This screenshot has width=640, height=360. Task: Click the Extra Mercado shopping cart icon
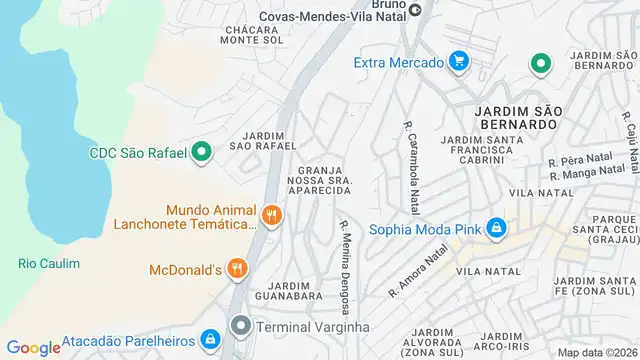pos(459,62)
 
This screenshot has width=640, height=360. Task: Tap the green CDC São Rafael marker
pos(202,153)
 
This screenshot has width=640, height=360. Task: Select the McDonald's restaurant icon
pos(237,267)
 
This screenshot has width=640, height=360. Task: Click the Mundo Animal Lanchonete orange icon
pos(270,215)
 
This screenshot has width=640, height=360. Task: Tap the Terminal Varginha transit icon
pos(241,326)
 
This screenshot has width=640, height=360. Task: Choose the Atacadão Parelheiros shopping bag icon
pos(211,340)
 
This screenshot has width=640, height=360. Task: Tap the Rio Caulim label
pos(48,263)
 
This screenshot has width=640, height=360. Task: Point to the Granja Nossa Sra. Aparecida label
pos(322,180)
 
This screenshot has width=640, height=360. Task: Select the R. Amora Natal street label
pos(417,275)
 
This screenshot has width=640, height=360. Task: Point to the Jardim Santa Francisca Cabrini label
pos(476,150)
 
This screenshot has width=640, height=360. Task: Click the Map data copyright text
pos(597,352)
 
